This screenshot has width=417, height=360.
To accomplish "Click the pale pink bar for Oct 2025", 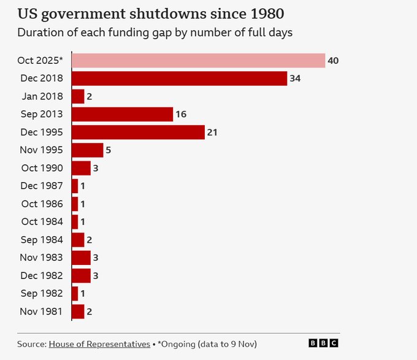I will point(198,60).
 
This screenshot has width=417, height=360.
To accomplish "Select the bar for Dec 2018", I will point(179,79).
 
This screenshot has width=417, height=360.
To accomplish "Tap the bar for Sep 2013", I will point(122,114).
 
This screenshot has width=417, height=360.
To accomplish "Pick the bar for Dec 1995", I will point(138,132).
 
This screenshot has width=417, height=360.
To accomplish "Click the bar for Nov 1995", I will point(87,150).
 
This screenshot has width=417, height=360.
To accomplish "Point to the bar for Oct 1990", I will point(81,168).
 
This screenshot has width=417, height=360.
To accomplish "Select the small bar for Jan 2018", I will point(78,96).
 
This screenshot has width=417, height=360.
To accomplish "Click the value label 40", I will point(333,61).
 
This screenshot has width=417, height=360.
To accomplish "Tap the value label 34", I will point(295,79).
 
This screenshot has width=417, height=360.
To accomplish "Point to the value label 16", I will point(181,115).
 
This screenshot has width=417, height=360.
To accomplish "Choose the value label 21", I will point(212,132).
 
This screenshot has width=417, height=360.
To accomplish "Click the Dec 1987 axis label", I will point(42,186).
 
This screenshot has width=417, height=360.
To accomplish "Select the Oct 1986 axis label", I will point(42,204).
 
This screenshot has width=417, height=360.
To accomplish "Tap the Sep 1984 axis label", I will point(42,240).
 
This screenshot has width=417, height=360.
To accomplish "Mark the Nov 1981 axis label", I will point(42,312).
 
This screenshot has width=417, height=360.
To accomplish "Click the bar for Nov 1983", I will point(81,258).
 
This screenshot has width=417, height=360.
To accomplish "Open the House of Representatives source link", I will point(99,344).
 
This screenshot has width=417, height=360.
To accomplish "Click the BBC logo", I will point(323,343).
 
